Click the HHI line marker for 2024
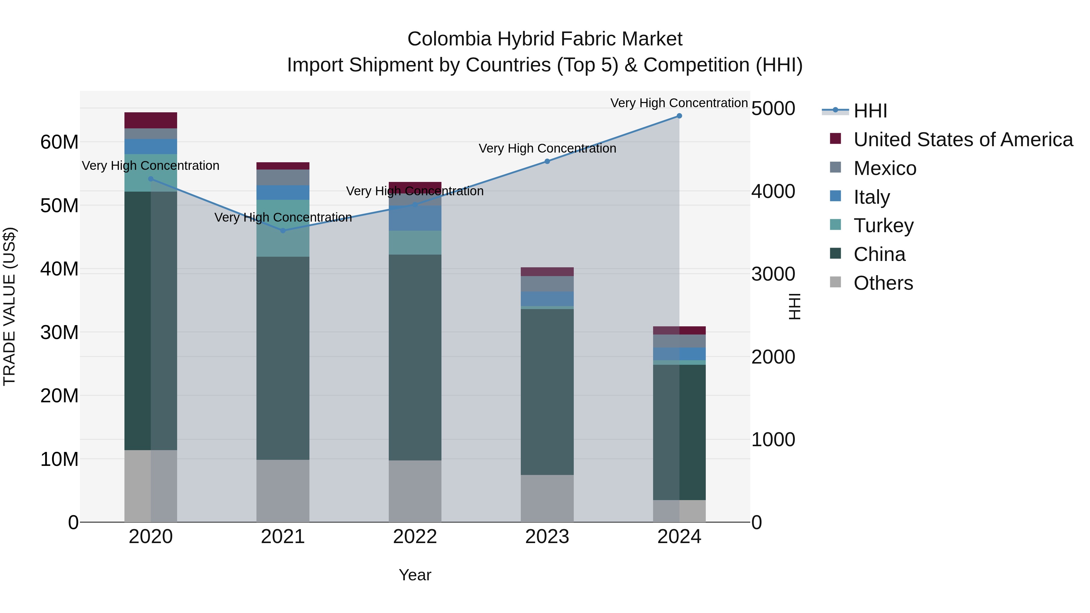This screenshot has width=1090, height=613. click(679, 116)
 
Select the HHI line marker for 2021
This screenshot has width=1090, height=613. click(283, 231)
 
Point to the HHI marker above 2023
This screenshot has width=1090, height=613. click(547, 161)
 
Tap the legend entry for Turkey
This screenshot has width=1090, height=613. click(884, 226)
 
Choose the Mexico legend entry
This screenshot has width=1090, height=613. click(885, 168)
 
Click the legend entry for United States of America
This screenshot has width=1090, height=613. click(963, 140)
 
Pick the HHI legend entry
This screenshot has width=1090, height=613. click(870, 111)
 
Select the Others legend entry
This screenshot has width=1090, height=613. click(883, 283)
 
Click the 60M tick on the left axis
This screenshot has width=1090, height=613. click(59, 142)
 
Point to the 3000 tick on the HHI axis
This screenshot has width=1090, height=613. click(773, 274)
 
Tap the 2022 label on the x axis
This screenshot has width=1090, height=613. click(415, 537)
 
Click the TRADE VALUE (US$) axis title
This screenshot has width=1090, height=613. click(9, 306)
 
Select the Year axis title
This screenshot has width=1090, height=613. click(415, 575)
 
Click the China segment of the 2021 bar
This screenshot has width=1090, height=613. click(283, 358)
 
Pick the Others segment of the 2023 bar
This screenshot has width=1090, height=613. click(547, 498)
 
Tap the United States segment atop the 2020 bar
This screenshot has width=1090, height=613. click(151, 120)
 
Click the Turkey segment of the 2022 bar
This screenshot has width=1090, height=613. click(415, 242)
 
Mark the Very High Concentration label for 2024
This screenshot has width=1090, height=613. click(679, 103)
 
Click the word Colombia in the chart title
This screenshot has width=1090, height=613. click(449, 39)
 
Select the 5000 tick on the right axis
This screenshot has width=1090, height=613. click(773, 109)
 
